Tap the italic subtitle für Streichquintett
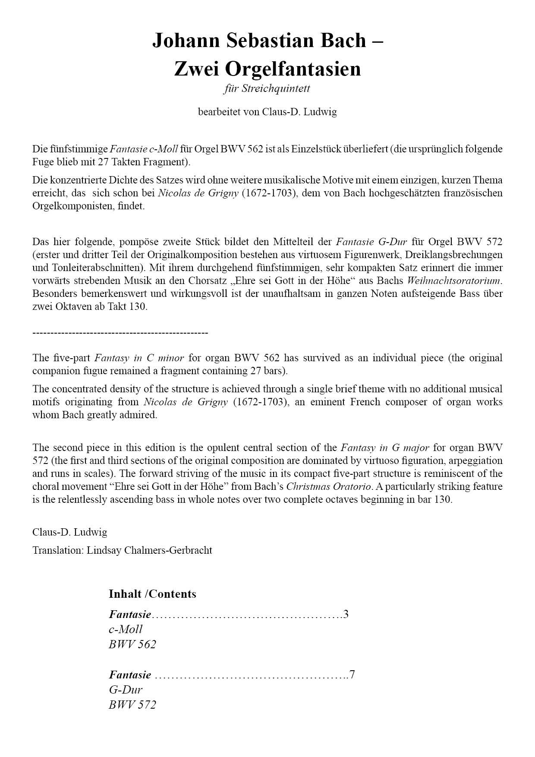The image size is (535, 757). click(x=267, y=89)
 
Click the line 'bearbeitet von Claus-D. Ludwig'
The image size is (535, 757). click(x=267, y=112)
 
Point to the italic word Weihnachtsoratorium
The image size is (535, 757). click(x=455, y=281)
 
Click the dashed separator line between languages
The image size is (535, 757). click(x=120, y=333)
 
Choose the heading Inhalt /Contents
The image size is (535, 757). click(x=152, y=594)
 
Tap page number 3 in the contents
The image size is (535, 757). click(x=346, y=614)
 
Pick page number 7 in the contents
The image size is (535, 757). click(x=352, y=675)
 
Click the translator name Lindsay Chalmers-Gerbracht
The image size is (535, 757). click(x=149, y=550)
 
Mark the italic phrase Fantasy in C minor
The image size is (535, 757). click(x=139, y=358)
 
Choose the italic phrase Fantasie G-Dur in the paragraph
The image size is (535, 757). click(x=371, y=241)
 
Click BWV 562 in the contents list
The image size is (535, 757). click(x=132, y=644)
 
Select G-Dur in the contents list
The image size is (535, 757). click(x=126, y=690)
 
